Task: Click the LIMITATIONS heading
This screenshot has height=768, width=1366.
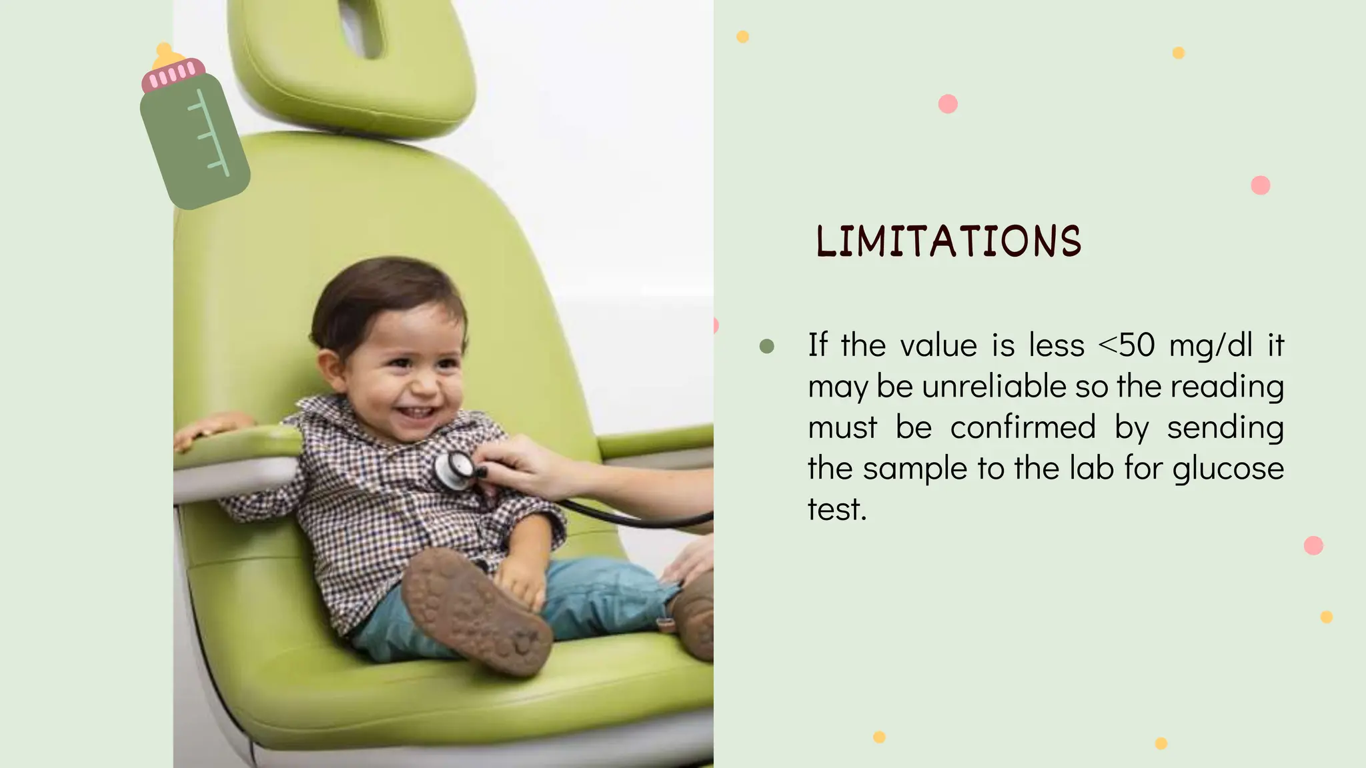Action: [x=948, y=241]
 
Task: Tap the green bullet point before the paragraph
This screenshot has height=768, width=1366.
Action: [x=766, y=346]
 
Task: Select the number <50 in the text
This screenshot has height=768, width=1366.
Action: [x=1126, y=345]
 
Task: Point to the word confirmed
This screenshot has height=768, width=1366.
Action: [x=1022, y=427]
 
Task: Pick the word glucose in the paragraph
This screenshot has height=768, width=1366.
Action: [x=1228, y=469]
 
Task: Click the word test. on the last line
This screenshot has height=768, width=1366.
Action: [x=837, y=510]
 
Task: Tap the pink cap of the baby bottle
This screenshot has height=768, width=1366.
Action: [x=173, y=75]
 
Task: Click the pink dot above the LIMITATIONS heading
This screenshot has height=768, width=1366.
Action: [x=948, y=104]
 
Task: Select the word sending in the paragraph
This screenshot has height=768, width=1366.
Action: [x=1225, y=427]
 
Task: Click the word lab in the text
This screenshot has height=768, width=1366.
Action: [x=1092, y=468]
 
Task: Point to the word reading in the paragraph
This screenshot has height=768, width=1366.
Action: [x=1227, y=387]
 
